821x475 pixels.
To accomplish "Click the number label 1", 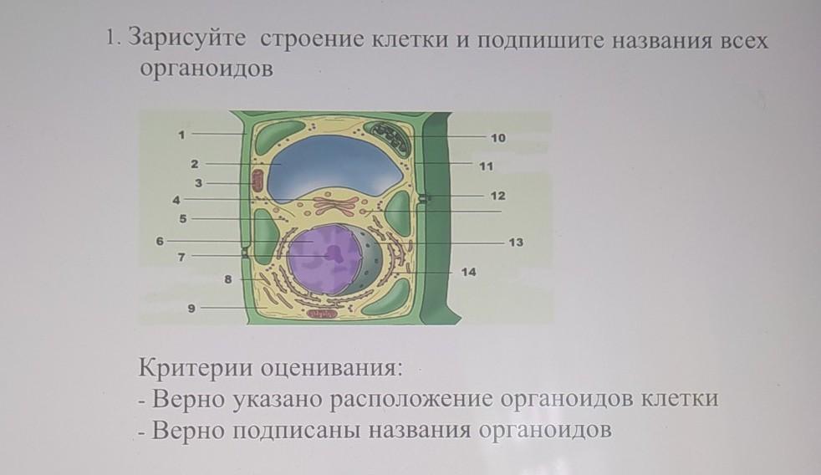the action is click(180, 133).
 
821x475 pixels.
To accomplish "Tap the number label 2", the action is click(193, 163).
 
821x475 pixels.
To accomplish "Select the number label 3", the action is click(199, 181).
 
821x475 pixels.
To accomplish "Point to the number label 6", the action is click(158, 240).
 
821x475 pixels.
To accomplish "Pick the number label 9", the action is click(191, 309).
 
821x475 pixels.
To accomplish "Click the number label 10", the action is click(497, 136).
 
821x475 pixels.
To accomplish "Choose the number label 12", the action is click(497, 195).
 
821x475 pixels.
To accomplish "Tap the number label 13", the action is click(516, 242).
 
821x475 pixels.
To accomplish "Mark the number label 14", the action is click(469, 273).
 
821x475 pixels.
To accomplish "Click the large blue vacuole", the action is click(334, 166).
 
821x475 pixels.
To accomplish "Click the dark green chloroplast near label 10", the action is click(390, 137).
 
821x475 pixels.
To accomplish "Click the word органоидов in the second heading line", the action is click(206, 69).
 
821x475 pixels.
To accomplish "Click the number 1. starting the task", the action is click(114, 40).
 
